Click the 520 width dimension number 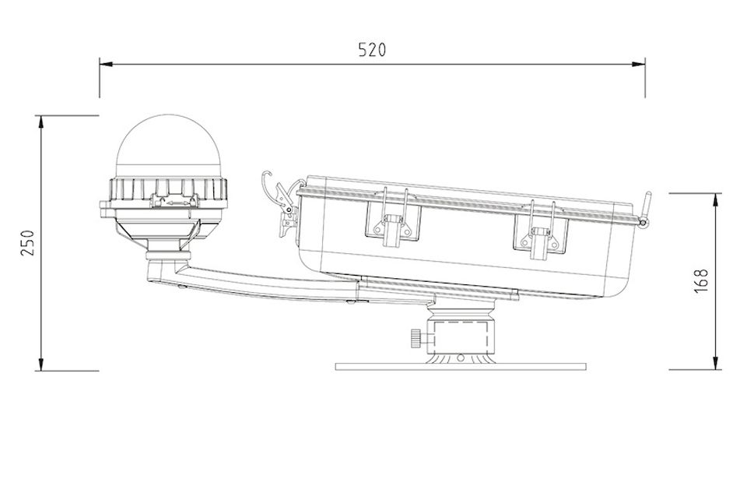coord(372,50)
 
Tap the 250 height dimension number coord(28,243)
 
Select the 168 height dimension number coord(701,280)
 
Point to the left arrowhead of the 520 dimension coord(106,64)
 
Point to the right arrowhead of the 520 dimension coord(638,64)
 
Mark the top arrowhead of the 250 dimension coord(41,122)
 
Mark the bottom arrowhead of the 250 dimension coord(41,364)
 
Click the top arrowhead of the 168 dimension coord(715,200)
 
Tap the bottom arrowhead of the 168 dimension coord(715,362)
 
